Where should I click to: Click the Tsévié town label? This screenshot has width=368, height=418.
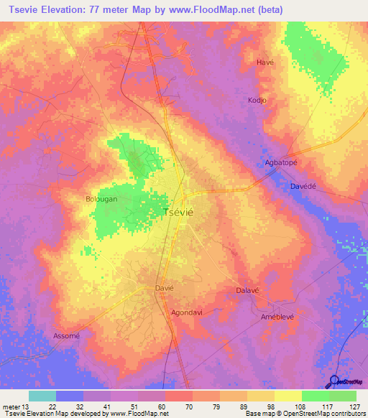[180, 212]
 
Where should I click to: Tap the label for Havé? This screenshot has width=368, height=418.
[266, 62]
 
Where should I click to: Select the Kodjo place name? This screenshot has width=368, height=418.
[257, 100]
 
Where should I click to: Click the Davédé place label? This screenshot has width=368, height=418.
[303, 186]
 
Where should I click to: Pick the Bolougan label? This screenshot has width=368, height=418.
[102, 199]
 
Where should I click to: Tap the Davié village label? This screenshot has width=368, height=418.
[165, 288]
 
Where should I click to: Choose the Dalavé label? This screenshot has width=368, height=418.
[247, 290]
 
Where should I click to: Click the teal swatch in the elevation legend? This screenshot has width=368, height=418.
[42, 396]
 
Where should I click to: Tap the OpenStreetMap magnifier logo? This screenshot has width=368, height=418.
[334, 381]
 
